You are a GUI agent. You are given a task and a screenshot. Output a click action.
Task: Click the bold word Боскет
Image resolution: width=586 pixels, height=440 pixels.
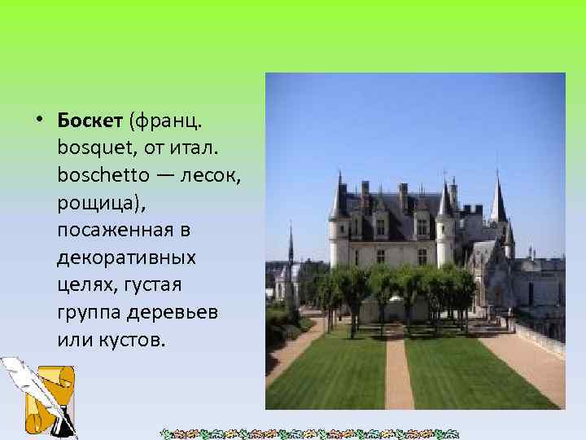tap(89, 121)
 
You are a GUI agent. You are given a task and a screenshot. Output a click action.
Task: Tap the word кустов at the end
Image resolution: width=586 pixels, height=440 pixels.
tap(131, 340)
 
